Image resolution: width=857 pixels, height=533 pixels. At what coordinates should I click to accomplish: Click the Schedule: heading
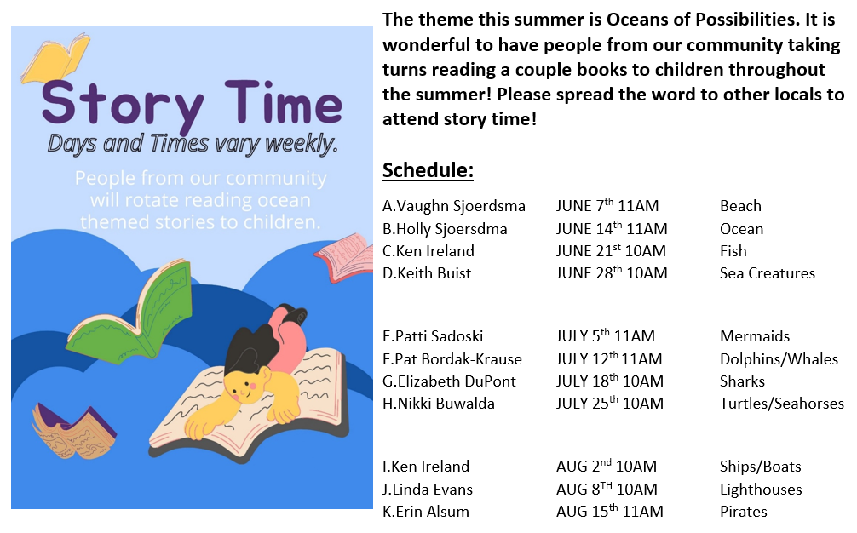[428, 169]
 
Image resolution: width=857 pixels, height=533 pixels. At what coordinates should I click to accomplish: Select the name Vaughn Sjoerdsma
[461, 206]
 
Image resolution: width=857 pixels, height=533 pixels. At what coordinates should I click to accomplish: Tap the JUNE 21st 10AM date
[611, 250]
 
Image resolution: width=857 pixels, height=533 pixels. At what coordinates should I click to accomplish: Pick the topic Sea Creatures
[768, 273]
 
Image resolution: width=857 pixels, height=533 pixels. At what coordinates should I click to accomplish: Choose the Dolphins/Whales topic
[779, 358]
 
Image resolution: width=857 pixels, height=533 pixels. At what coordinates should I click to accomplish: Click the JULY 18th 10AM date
[610, 381]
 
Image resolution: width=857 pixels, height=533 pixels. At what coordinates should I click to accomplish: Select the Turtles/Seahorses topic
[781, 403]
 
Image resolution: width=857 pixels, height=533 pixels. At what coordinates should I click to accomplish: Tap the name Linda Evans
[432, 490]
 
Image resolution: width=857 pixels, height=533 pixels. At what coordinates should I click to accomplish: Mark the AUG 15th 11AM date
[610, 511]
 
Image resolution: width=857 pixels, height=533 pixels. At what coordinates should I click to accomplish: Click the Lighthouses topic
[761, 490]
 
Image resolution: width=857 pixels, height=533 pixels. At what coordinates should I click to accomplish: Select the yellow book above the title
[55, 58]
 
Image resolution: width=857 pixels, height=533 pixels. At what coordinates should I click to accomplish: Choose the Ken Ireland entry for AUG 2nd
[430, 467]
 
